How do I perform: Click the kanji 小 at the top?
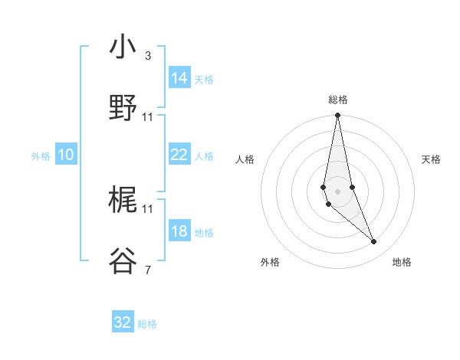123,47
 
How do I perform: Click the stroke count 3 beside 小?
147,56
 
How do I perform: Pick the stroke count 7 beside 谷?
147,270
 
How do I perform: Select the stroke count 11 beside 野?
148,117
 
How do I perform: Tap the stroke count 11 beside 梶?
148,208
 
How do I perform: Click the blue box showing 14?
179,77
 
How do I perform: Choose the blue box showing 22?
179,155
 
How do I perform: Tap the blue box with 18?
179,231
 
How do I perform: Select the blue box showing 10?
66,155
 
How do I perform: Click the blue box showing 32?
123,322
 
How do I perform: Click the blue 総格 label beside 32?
147,324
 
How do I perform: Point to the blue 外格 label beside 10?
41,155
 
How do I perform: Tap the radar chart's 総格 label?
337,100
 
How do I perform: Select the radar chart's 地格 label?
402,262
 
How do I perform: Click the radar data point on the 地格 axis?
374,242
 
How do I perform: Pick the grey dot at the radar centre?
337,191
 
